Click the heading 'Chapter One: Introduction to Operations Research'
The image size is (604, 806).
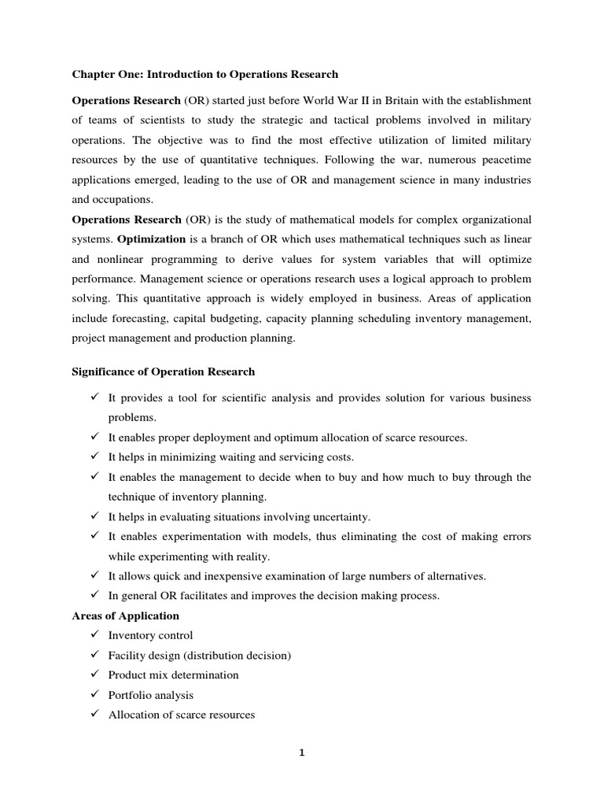pos(204,75)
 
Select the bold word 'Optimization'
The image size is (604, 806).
pos(149,239)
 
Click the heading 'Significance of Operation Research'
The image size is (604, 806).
pos(164,372)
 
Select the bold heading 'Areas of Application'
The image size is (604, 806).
pos(126,616)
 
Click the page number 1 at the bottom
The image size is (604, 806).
pos(301,752)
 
